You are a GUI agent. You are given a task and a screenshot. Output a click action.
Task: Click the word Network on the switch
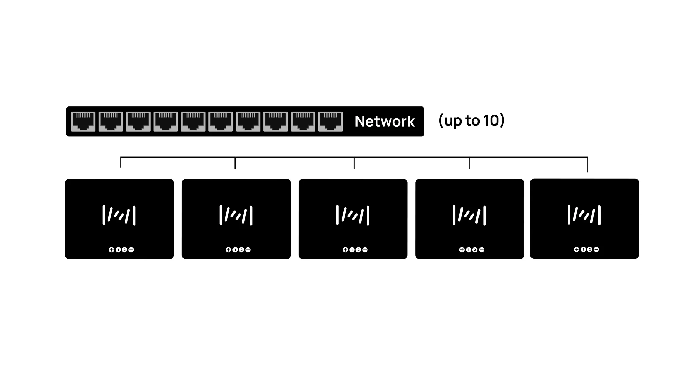click(385, 121)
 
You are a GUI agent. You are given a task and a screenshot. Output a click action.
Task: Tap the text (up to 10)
click(471, 120)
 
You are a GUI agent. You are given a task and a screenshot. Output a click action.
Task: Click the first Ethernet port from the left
click(83, 121)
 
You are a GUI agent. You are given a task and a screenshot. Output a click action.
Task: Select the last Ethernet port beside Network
click(331, 121)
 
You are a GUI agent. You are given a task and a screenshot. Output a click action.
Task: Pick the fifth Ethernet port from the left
click(193, 121)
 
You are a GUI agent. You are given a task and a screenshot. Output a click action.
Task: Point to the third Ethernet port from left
click(138, 121)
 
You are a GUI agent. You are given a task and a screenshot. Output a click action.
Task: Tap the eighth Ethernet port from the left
click(276, 121)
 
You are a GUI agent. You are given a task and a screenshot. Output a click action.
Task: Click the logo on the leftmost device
click(119, 215)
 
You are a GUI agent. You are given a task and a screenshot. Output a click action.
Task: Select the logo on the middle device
click(353, 215)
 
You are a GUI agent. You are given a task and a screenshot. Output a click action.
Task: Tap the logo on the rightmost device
click(584, 215)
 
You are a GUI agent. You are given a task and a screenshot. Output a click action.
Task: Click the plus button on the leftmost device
click(111, 250)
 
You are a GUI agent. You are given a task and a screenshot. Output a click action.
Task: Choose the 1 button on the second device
click(235, 250)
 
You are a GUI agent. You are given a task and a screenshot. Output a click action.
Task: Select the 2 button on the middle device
click(358, 250)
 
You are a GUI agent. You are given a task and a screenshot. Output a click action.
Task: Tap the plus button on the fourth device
click(462, 250)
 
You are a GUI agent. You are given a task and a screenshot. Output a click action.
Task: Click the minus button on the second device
click(248, 250)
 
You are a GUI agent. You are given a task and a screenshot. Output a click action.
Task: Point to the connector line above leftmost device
click(121, 162)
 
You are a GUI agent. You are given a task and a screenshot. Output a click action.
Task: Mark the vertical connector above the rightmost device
click(588, 165)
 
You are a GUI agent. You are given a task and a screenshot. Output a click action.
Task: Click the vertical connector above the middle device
click(354, 163)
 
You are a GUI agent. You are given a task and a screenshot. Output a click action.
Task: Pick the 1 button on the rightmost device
click(583, 250)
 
